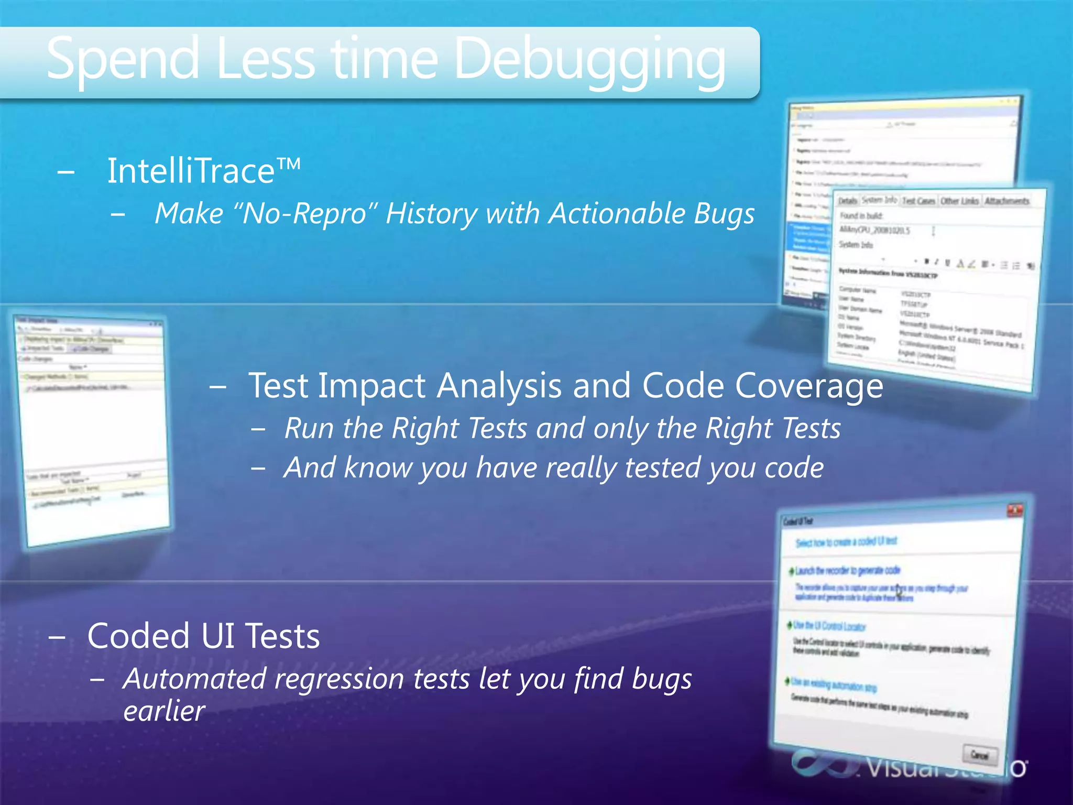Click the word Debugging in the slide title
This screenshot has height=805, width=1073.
click(589, 60)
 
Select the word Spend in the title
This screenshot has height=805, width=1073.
click(123, 60)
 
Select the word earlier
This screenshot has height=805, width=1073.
click(164, 711)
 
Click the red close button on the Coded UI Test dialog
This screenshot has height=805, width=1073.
click(1015, 510)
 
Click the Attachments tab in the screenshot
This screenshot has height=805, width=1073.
click(1006, 201)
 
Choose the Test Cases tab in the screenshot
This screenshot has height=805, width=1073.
click(918, 201)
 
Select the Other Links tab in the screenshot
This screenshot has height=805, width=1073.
click(959, 201)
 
